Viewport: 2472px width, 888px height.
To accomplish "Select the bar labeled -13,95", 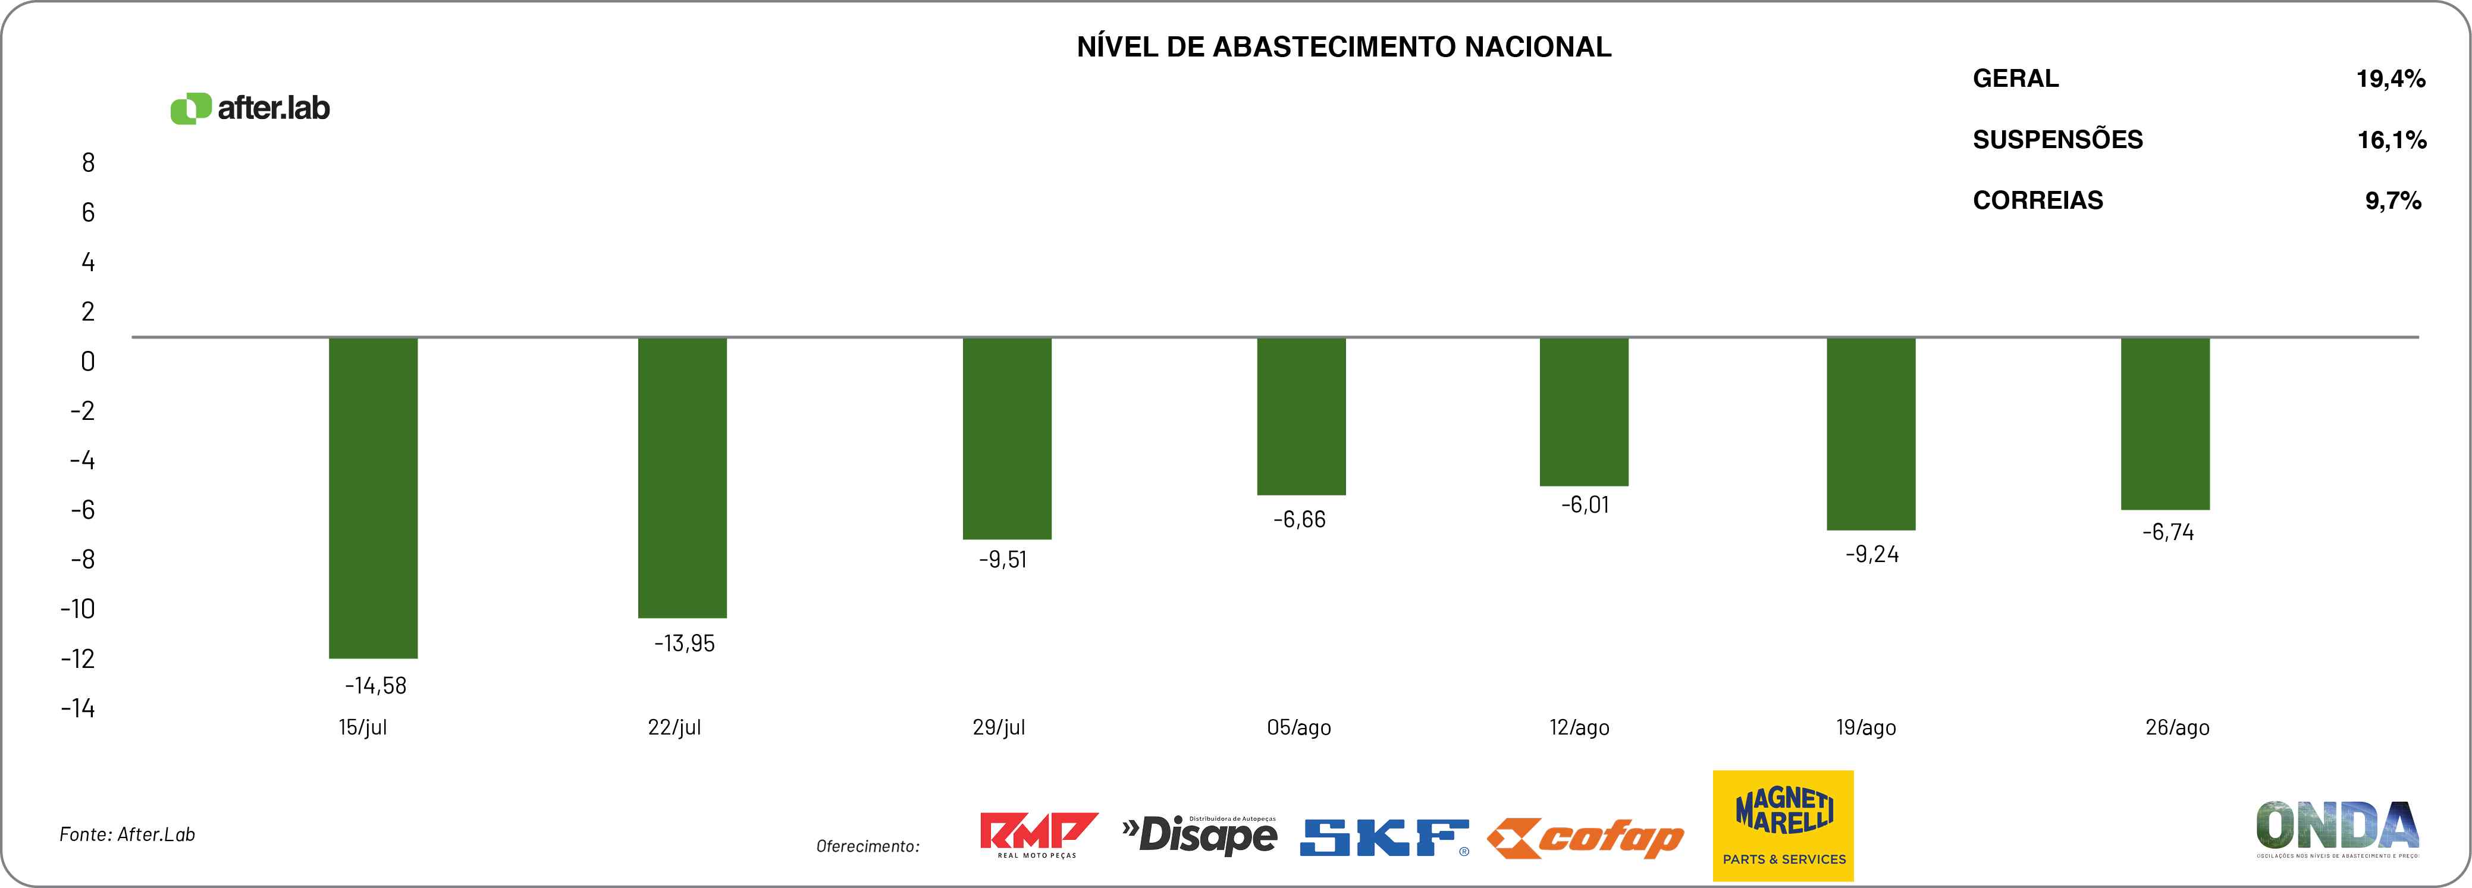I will point(682,477).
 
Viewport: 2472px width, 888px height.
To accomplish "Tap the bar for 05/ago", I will point(1301,416).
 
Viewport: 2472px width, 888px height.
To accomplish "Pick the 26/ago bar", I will point(2165,423).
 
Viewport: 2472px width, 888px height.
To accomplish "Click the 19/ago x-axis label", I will point(1865,727).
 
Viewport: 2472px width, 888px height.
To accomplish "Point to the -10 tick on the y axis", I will point(78,608).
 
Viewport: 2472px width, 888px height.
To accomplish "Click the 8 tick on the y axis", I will point(88,163).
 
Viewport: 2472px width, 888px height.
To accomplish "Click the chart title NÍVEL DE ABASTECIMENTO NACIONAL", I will point(1344,47).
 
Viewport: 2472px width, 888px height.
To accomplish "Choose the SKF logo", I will point(1384,837).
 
